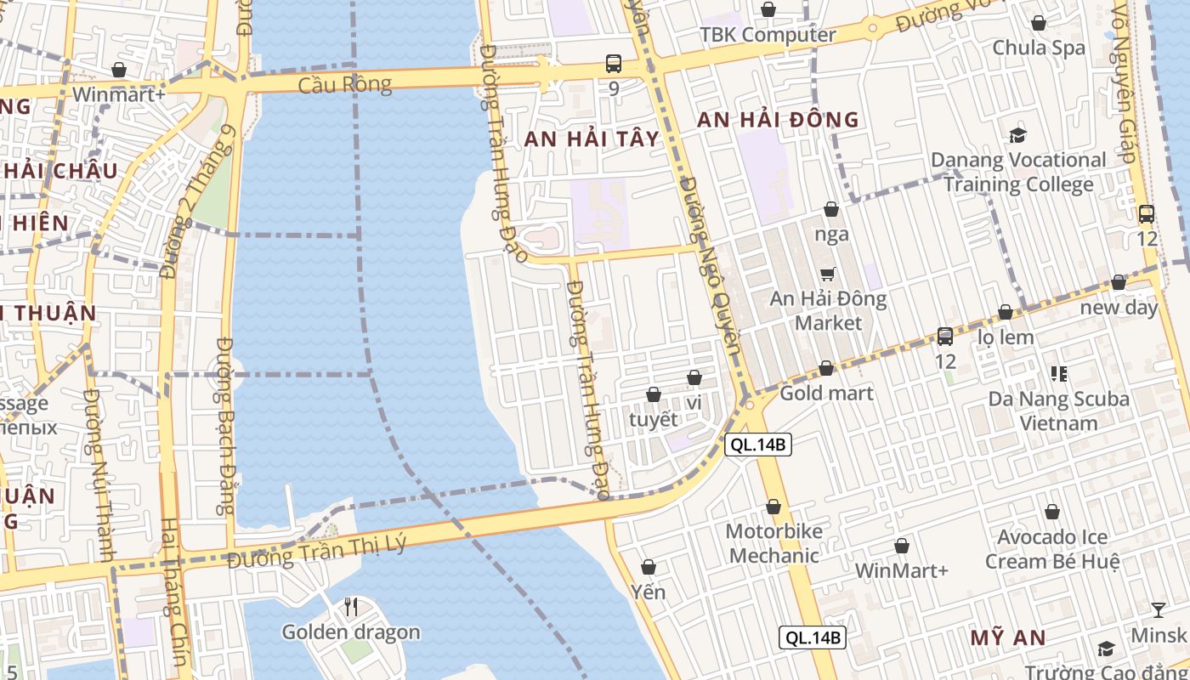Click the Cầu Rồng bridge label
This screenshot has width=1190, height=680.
344,84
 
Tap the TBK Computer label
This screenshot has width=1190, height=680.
768,35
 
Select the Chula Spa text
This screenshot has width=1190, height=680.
1039,48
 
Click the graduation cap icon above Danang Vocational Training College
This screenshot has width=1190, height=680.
1017,134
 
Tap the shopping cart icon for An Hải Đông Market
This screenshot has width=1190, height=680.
828,274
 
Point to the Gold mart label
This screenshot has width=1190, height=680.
826,393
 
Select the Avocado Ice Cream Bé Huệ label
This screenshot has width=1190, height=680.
1052,549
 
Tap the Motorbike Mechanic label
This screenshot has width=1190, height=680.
773,543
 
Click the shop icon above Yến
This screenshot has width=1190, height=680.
649,566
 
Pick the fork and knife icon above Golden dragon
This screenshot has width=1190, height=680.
350,606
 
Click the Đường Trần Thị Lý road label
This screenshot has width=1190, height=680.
317,552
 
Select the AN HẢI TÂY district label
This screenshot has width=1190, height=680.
592,139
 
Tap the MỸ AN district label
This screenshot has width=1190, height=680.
1008,637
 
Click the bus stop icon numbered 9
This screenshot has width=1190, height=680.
614,63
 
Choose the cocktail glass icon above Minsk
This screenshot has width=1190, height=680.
1159,609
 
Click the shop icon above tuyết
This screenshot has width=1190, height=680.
654,394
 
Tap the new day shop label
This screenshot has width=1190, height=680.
1119,308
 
